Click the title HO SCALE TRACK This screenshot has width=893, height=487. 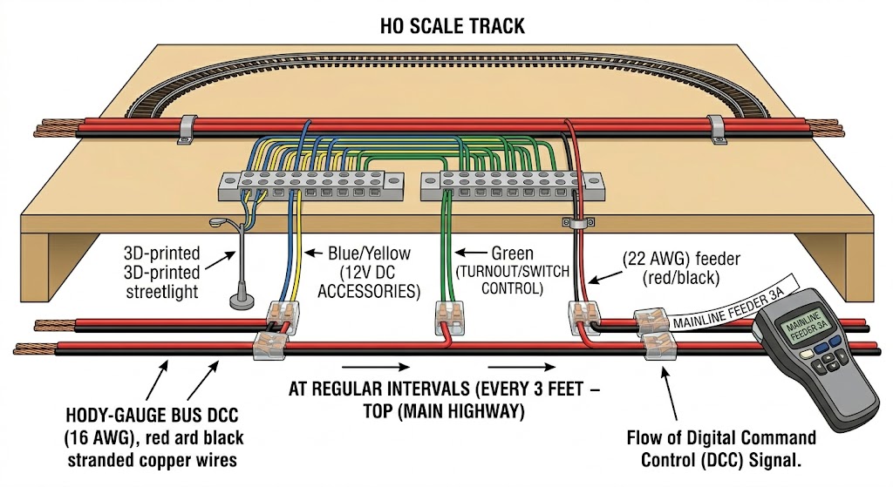pyautogui.click(x=453, y=25)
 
